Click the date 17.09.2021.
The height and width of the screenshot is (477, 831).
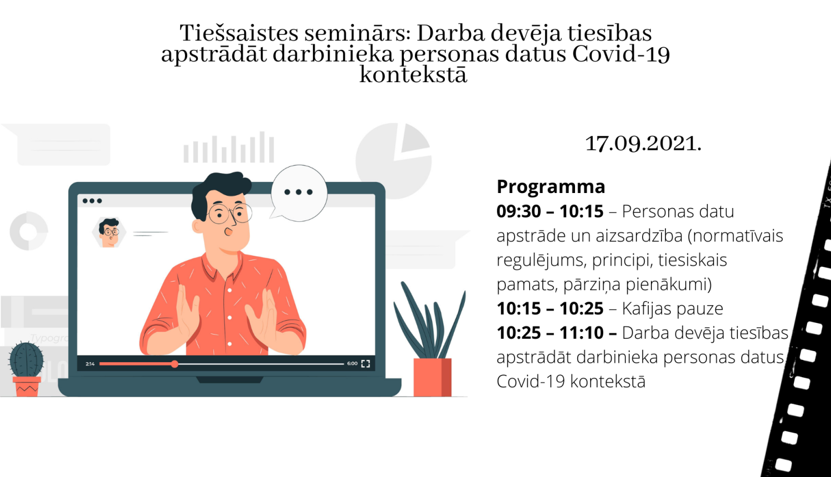(643, 144)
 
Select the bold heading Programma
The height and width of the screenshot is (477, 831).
(551, 187)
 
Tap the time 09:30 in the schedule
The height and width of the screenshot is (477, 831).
(519, 211)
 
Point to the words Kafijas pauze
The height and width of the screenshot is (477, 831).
(672, 308)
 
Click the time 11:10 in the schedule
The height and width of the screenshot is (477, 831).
(581, 333)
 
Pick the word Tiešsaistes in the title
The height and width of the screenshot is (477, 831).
(239, 33)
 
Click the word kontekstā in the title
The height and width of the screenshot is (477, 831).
(413, 75)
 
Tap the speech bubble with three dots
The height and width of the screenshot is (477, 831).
(299, 192)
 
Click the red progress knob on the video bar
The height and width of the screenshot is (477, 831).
(175, 364)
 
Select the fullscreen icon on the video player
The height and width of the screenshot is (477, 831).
(366, 364)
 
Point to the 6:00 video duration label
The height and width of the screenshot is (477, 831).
(352, 364)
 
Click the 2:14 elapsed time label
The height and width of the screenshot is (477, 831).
(90, 364)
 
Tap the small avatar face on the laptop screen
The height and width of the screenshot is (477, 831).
(109, 232)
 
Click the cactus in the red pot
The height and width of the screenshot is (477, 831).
(26, 361)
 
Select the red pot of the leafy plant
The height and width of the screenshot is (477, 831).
(432, 377)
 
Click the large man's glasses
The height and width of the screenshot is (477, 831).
(229, 213)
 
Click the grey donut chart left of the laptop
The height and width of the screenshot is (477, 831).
(29, 231)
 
